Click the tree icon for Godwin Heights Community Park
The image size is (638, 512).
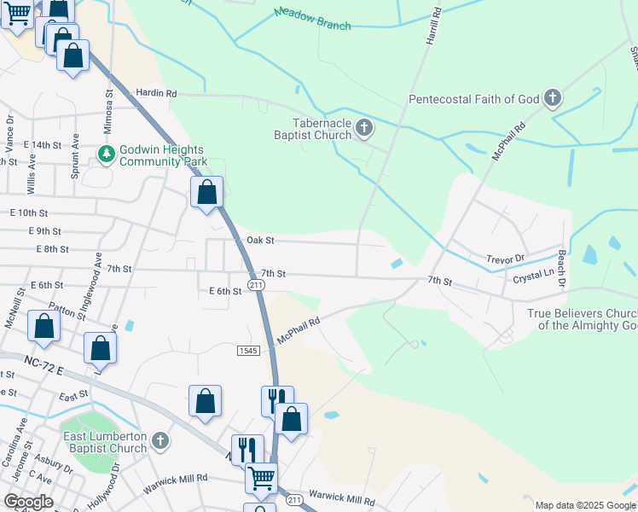coord(107,154)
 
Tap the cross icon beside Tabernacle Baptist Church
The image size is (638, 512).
coord(364,129)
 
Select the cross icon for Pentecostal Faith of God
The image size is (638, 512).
coord(553,99)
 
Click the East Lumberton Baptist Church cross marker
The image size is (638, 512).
coord(159,442)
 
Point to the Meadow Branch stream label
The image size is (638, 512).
coord(312,19)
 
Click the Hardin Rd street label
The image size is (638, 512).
coord(155,93)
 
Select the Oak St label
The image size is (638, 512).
coord(259,241)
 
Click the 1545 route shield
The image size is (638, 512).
coord(247,350)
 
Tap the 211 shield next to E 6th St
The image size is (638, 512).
coord(255,284)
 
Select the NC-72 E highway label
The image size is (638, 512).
coord(46,364)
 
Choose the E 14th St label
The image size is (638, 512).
coord(43,145)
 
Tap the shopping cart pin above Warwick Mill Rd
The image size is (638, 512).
coord(261,477)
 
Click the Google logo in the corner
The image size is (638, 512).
coord(27,502)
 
